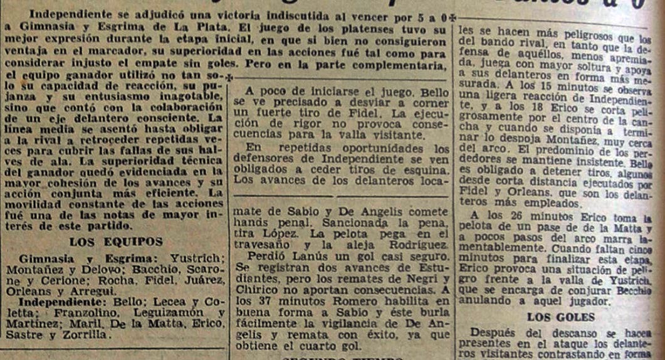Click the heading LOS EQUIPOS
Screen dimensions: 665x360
116,241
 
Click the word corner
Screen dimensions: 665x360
432,102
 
